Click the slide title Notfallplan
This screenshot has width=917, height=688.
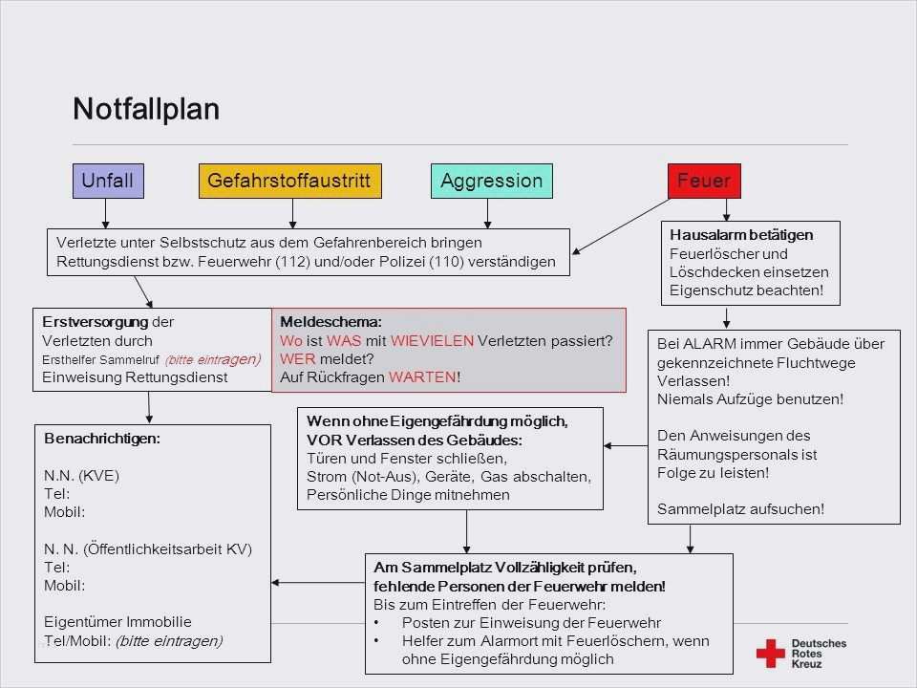pyautogui.click(x=146, y=109)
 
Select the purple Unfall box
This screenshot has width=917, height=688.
pyautogui.click(x=108, y=181)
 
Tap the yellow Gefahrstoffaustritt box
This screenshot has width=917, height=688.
pyautogui.click(x=289, y=181)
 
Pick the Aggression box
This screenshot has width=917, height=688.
pyautogui.click(x=492, y=181)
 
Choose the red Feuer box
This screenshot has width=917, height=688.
pyautogui.click(x=704, y=181)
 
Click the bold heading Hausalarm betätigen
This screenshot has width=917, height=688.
pyautogui.click(x=741, y=235)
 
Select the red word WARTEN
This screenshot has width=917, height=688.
pyautogui.click(x=423, y=376)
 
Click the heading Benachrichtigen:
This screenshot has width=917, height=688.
pyautogui.click(x=102, y=439)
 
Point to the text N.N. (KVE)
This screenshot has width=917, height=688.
pyautogui.click(x=82, y=475)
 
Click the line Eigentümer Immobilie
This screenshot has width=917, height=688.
pyautogui.click(x=117, y=621)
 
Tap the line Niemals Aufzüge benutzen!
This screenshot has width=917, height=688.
pyautogui.click(x=750, y=398)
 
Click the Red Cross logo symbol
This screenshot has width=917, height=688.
pyautogui.click(x=770, y=653)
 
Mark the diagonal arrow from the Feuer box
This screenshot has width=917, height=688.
pyautogui.click(x=621, y=226)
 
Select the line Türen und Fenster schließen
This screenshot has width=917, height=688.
pyautogui.click(x=406, y=459)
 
